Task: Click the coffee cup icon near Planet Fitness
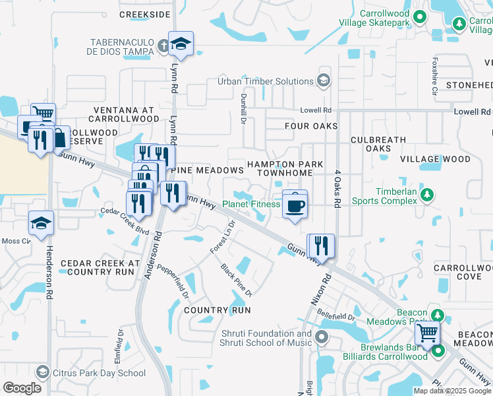[x=295, y=205]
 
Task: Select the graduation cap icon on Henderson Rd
[x=41, y=224]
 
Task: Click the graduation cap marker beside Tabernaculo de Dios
[x=181, y=45]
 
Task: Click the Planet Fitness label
[x=250, y=204]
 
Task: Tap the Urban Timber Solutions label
[x=266, y=81]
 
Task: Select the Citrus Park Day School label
[x=99, y=374]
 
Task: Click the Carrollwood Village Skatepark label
[x=374, y=18]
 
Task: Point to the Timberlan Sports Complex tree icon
[x=427, y=195]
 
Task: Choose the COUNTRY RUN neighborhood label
[x=217, y=310]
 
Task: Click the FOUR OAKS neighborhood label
[x=311, y=125]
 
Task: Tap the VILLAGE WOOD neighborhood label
[x=435, y=159]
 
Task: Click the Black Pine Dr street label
[x=237, y=280]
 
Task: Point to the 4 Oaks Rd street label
[x=336, y=189]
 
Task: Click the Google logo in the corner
[x=22, y=387]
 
